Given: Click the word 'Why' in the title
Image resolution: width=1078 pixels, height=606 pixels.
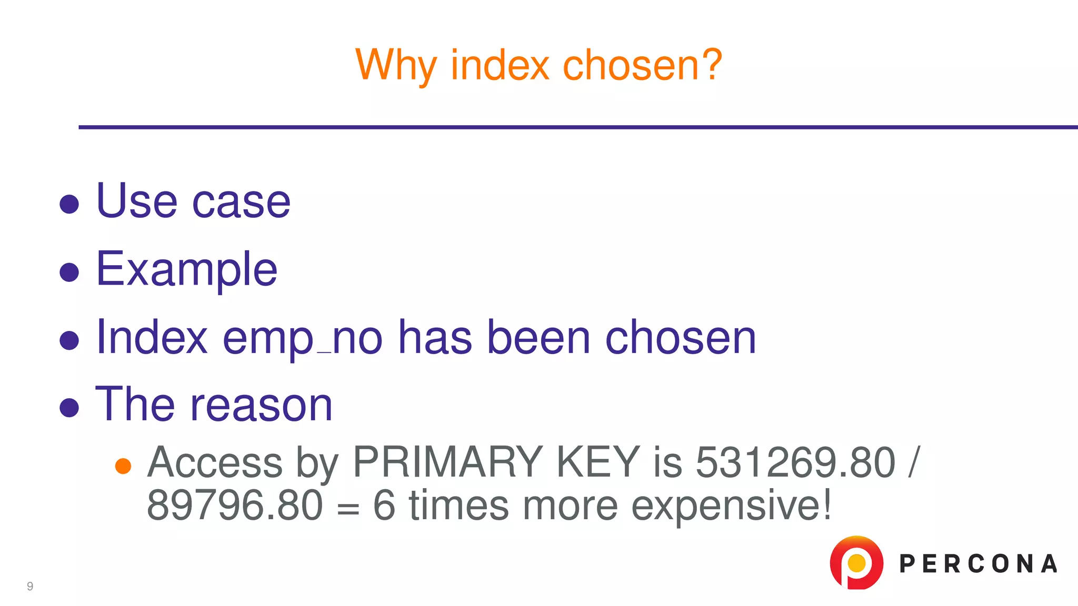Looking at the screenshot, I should click(x=396, y=65).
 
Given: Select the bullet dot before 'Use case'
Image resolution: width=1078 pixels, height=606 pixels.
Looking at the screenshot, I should click(x=69, y=204).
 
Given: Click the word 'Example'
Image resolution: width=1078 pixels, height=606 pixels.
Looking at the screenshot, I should click(x=187, y=269).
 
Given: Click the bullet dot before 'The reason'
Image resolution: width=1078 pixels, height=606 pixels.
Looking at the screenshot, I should click(x=69, y=408).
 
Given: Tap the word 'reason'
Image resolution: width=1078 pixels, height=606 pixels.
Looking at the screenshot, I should click(x=261, y=405).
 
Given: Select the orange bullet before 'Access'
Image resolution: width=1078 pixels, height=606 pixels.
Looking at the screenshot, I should click(x=123, y=466).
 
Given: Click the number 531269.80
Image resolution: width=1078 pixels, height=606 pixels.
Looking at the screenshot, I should click(x=795, y=462).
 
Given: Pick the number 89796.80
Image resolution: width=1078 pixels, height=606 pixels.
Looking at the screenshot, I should click(x=235, y=505).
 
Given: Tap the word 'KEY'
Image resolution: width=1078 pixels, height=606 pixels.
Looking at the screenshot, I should click(x=598, y=462).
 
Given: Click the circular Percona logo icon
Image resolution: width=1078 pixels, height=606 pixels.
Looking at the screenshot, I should click(x=856, y=563).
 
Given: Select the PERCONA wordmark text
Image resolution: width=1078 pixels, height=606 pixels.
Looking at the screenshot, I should click(x=978, y=564).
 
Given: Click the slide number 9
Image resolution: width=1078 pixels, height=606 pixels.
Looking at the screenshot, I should click(x=30, y=587).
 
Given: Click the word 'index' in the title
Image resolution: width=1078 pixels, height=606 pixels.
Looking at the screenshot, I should click(x=500, y=65).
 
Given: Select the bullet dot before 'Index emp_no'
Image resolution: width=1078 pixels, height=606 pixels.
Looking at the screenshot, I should click(x=69, y=340).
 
